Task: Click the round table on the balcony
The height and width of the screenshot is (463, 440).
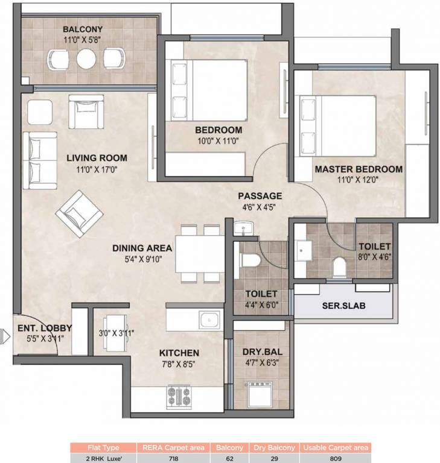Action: point(86,59)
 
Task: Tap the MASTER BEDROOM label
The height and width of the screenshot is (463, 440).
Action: point(358,170)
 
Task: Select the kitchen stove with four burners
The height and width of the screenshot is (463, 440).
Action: point(179,397)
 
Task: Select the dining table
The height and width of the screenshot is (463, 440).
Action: point(201,251)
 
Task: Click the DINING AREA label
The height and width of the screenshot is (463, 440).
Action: point(142,248)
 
